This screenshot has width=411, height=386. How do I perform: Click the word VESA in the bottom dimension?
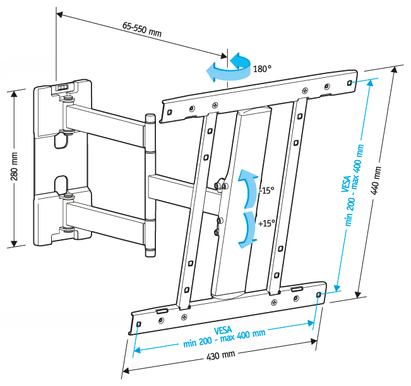[223, 330]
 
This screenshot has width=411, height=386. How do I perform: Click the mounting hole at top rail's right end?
[350, 83]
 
